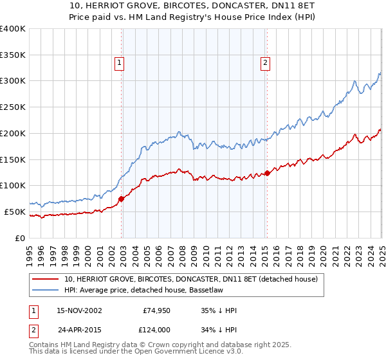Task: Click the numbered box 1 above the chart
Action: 120,62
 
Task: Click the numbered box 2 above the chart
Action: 265,62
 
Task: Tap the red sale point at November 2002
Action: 122,199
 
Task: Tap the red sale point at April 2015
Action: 268,173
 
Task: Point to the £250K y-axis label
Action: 13,107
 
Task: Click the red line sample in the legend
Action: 46,279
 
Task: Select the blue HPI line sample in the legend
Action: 46,290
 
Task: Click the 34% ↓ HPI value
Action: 219,329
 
